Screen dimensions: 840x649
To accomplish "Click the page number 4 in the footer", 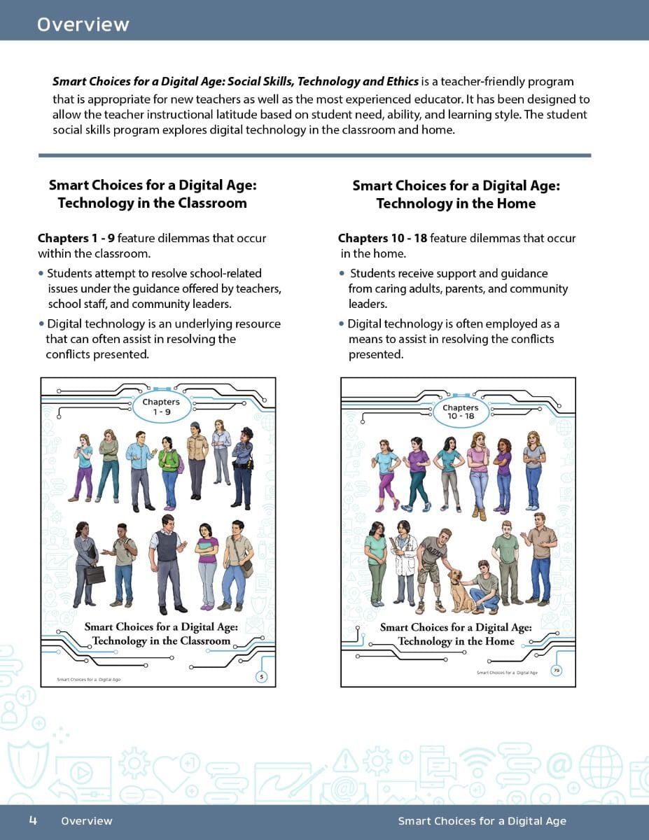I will click(x=33, y=820).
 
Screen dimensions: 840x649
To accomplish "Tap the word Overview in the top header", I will click(x=83, y=24).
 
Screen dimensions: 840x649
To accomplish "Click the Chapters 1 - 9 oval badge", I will click(x=161, y=407).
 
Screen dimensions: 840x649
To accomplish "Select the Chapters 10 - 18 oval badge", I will click(x=460, y=412).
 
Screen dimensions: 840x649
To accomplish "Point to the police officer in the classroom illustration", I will click(x=242, y=467).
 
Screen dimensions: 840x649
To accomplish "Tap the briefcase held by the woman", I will click(x=95, y=574).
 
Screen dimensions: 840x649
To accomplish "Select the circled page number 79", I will click(x=557, y=671).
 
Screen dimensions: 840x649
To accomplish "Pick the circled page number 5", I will click(x=261, y=676).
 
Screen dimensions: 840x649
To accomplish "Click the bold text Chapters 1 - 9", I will click(x=76, y=239).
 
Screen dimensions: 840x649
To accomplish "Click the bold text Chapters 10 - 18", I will click(x=382, y=239).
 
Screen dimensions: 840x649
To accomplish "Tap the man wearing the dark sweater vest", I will click(x=167, y=560).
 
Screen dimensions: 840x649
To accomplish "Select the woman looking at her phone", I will click(x=83, y=465).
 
